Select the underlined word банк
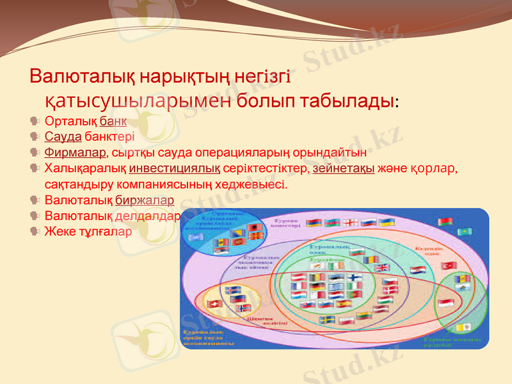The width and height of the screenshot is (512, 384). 113,120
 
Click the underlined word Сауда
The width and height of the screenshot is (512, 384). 63,136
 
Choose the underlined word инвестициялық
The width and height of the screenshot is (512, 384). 175,169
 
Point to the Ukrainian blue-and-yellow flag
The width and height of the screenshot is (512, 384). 387,222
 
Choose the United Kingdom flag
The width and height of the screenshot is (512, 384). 381,268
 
